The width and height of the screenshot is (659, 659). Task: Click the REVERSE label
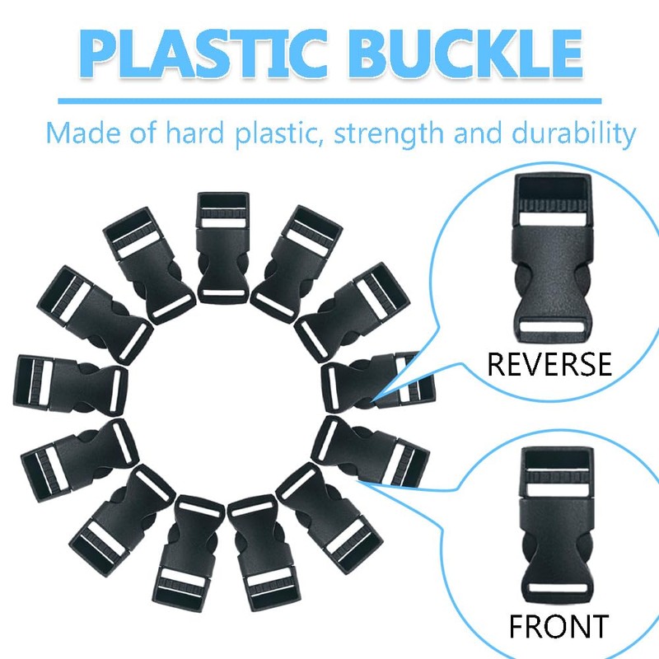tap(549, 363)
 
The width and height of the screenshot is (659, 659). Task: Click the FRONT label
tap(558, 626)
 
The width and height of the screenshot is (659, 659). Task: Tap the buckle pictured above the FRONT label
tap(558, 527)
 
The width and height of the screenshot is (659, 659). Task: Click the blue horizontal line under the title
tap(329, 100)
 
